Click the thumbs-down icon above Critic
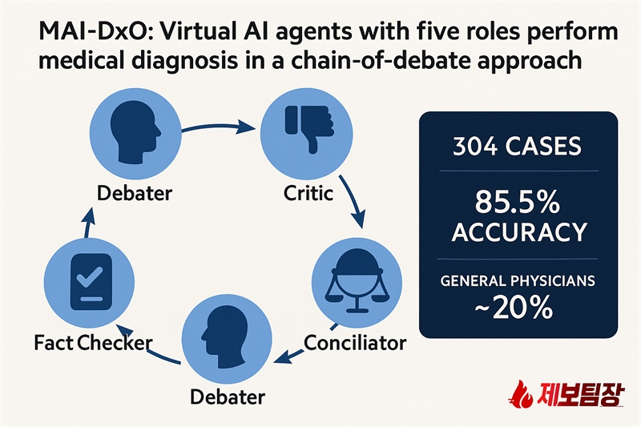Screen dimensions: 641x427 (x=308, y=129)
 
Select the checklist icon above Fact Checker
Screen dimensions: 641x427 (x=91, y=282)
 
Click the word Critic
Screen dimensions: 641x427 (x=308, y=193)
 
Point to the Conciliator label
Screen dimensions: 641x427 (x=355, y=343)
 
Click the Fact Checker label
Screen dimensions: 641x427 (x=93, y=343)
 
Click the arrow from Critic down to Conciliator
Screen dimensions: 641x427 (x=353, y=201)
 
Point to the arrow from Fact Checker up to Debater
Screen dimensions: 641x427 (x=89, y=222)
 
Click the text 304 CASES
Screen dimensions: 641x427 (x=517, y=147)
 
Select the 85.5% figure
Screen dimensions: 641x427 (x=517, y=202)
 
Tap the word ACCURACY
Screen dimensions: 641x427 (x=519, y=232)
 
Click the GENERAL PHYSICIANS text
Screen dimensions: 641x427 (x=518, y=280)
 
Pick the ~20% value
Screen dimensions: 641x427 (x=514, y=308)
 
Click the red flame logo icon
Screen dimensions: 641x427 (x=521, y=394)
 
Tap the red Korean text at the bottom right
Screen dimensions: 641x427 (x=580, y=394)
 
